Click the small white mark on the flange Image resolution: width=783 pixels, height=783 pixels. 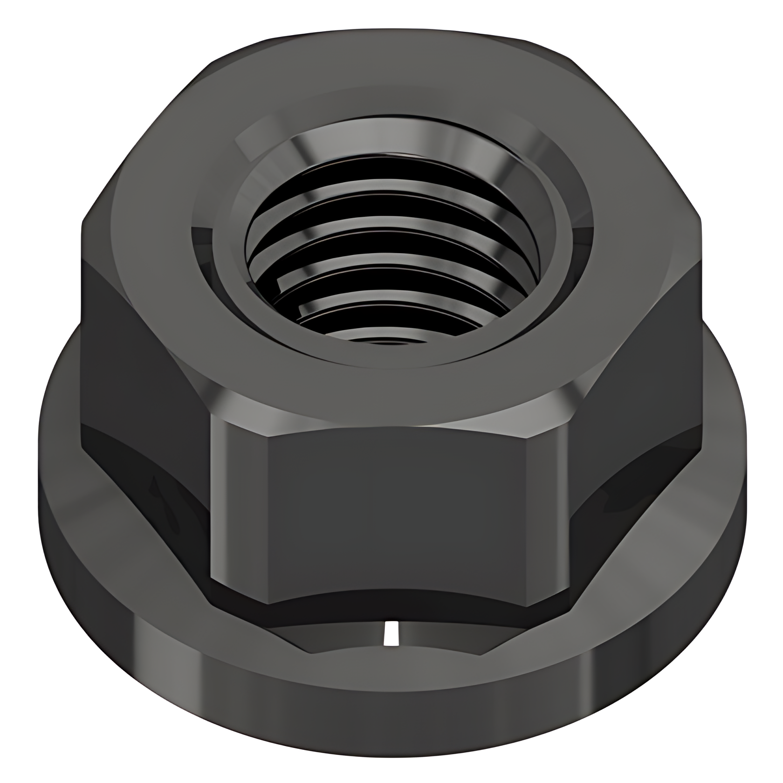tap(391, 633)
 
